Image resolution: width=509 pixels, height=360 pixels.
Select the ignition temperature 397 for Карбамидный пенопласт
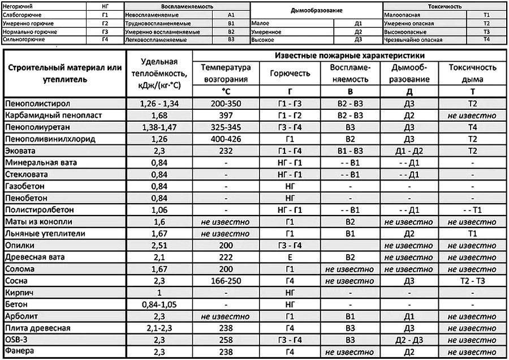pyautogui.click(x=225, y=115)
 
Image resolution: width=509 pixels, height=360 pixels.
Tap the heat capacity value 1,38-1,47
pyautogui.click(x=159, y=127)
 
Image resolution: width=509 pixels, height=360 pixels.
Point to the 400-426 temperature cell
pyautogui.click(x=225, y=139)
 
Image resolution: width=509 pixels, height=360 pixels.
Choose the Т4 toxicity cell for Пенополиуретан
pyautogui.click(x=472, y=127)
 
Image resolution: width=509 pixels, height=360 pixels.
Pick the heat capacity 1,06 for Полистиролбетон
pyautogui.click(x=159, y=210)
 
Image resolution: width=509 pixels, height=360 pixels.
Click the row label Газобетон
pyautogui.click(x=24, y=186)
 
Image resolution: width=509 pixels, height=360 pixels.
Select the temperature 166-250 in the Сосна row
pyautogui.click(x=225, y=281)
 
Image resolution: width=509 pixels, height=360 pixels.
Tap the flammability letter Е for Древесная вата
pyautogui.click(x=290, y=257)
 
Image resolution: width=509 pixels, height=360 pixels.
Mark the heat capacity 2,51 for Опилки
pyautogui.click(x=159, y=245)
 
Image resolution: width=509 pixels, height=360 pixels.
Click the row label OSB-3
pyautogui.click(x=16, y=340)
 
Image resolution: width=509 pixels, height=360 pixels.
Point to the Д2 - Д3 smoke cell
pyautogui.click(x=409, y=340)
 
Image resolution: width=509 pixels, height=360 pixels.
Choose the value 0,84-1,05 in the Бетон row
pyautogui.click(x=159, y=305)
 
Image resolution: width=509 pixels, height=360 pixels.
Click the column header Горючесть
pyautogui.click(x=290, y=74)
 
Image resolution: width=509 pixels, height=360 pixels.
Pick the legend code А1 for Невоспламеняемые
pyautogui.click(x=231, y=13)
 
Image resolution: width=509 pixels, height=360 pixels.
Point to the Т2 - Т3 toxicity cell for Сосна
pyautogui.click(x=472, y=281)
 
